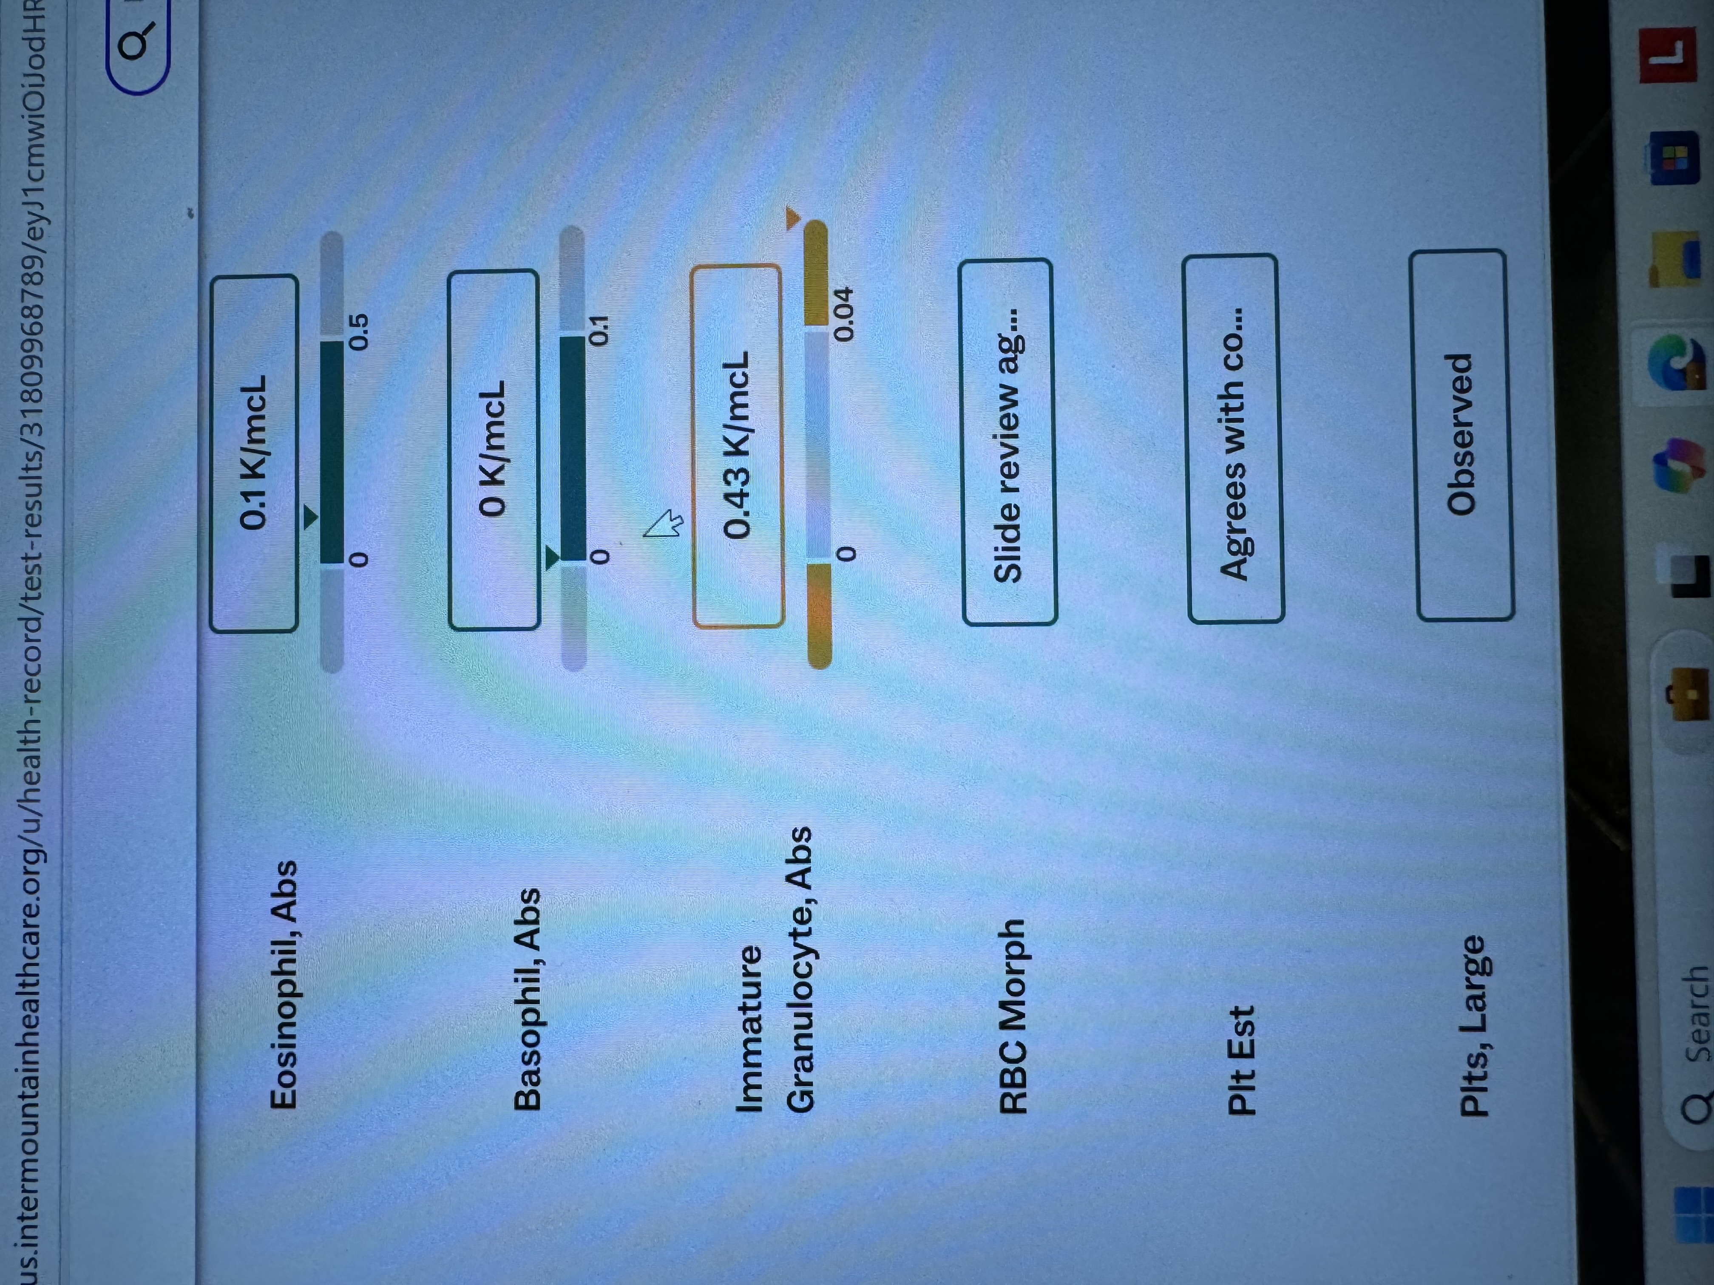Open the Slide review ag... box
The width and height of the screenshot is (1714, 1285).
(x=1008, y=442)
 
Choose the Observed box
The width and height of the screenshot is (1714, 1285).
(x=1461, y=435)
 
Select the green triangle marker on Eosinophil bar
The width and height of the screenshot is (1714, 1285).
(x=310, y=518)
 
